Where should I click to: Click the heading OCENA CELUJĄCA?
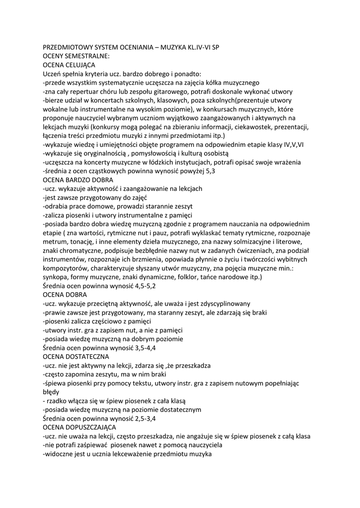point(69,64)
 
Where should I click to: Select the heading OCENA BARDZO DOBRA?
point(78,180)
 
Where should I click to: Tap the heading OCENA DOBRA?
point(65,295)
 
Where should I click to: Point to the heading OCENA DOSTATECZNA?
point(75,357)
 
